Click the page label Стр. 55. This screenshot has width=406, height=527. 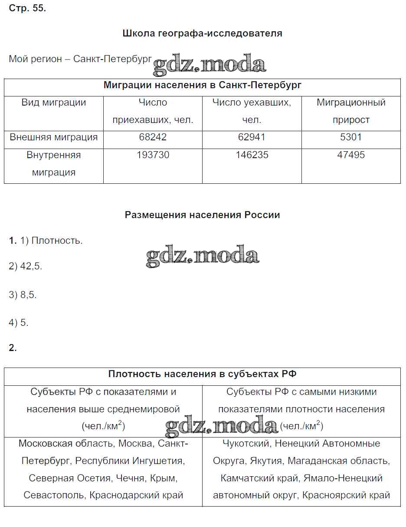click(27, 8)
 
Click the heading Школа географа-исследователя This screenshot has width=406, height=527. click(203, 33)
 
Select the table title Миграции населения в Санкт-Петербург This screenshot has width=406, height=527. click(202, 85)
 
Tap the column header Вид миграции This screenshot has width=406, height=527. click(54, 103)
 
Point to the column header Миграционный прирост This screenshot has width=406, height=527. click(351, 111)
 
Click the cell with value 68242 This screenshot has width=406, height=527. click(153, 137)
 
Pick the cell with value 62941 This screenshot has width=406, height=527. click(252, 137)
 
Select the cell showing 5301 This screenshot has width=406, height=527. click(351, 137)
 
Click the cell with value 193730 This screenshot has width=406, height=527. click(153, 155)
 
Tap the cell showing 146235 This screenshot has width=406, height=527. click(252, 155)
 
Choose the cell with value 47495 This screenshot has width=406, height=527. click(351, 155)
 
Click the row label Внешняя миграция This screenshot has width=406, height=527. click(54, 137)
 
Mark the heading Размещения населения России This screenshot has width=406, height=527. click(203, 215)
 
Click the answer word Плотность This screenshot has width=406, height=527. click(57, 241)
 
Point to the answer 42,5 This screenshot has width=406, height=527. click(31, 267)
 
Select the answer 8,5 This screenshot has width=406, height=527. click(29, 295)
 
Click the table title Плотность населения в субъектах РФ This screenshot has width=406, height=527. click(203, 375)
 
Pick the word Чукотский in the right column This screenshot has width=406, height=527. click(246, 444)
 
